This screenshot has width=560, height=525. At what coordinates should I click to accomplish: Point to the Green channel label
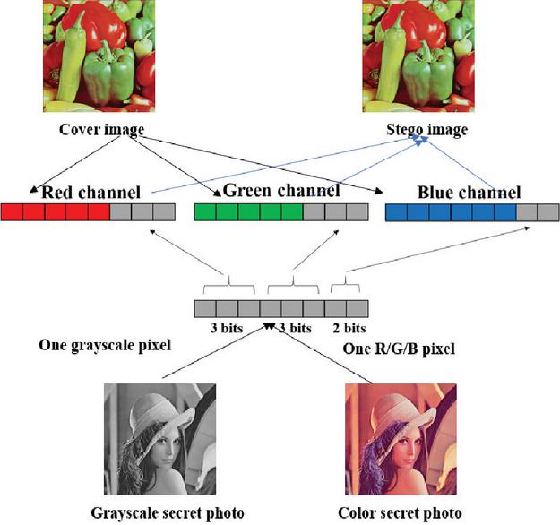coord(280,190)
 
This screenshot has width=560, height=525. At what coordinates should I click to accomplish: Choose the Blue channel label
coord(469,192)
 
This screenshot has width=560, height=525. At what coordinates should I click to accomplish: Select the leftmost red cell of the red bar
coord(12,212)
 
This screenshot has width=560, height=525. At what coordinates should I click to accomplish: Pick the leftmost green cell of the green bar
coord(205,212)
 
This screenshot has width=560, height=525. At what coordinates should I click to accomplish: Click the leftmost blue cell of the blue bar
coord(396,212)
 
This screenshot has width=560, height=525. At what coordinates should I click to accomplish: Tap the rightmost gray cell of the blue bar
coord(548,212)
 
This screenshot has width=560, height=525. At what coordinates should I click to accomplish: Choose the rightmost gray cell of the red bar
coord(163,212)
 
